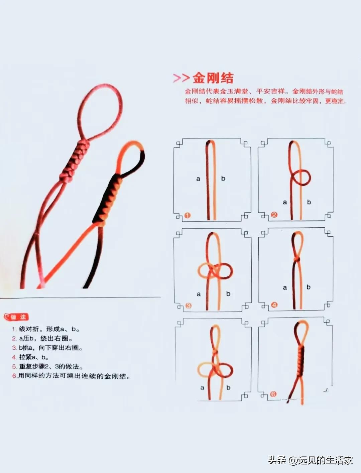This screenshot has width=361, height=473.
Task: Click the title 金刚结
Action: [213, 78]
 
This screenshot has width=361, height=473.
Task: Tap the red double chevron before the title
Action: [182, 78]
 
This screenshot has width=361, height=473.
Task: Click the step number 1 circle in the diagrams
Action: [188, 215]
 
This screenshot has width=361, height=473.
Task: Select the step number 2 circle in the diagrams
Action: [274, 215]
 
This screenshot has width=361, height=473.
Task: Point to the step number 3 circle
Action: [188, 306]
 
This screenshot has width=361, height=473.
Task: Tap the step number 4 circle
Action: [274, 305]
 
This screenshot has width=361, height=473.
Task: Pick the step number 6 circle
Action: [273, 394]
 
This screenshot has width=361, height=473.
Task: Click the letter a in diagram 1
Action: [198, 179]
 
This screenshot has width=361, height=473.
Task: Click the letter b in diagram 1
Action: [223, 178]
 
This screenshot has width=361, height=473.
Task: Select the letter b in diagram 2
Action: [309, 202]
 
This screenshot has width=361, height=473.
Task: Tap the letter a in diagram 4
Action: [285, 287]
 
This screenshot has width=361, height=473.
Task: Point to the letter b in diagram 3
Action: [228, 293]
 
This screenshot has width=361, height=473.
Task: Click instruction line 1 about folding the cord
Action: [46, 329]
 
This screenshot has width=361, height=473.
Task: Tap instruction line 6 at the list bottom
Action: [71, 376]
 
